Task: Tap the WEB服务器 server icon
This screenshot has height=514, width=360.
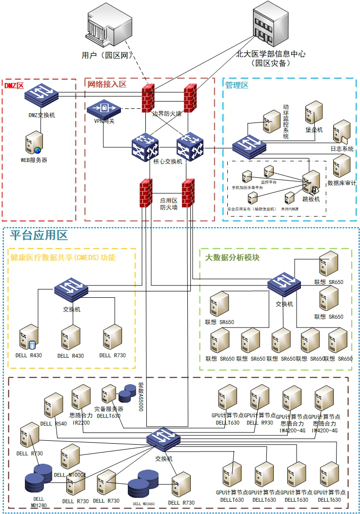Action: click(34, 143)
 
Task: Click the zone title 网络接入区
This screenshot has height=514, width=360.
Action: click(107, 84)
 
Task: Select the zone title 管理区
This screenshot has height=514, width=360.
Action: click(237, 85)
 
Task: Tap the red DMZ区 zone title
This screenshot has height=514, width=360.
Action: click(14, 85)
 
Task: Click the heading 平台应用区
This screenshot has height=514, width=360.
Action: click(39, 236)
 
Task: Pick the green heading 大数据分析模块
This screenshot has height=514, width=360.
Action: click(232, 257)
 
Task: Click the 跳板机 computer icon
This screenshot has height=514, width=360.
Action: click(311, 184)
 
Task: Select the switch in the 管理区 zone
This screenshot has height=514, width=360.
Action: click(249, 145)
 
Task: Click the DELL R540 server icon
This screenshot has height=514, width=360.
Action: click(53, 406)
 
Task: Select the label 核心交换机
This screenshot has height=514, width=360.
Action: click(167, 162)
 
